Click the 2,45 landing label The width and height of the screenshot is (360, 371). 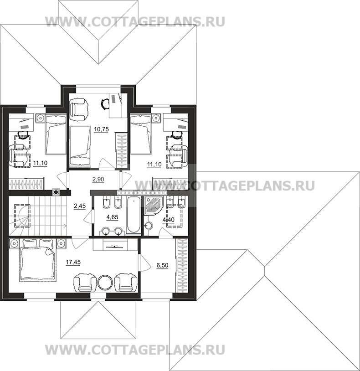pyautogui.click(x=79, y=206)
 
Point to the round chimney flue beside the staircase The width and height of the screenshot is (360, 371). pyautogui.click(x=56, y=192)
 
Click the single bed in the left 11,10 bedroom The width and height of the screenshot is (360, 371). pyautogui.click(x=55, y=135)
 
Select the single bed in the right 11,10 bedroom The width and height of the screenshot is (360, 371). pyautogui.click(x=140, y=135)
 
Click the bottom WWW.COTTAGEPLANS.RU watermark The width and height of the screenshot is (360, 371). pyautogui.click(x=135, y=350)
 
